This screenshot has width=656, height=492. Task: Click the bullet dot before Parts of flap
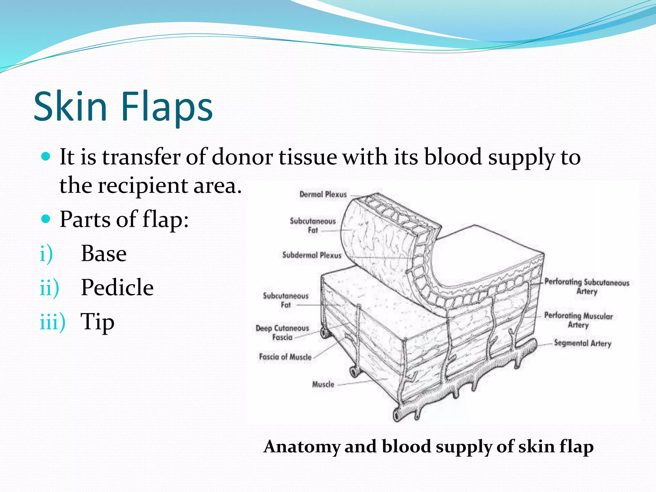(46, 219)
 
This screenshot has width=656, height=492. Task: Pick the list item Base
(104, 253)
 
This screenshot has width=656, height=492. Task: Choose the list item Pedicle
(117, 287)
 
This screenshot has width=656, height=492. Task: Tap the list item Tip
(97, 322)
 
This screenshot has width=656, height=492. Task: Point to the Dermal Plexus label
(323, 194)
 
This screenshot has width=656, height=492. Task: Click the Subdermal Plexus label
(312, 255)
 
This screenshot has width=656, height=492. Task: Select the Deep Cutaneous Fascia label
(282, 332)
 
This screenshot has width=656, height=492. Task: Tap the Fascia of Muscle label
(285, 357)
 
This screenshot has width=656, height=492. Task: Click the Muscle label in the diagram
(323, 384)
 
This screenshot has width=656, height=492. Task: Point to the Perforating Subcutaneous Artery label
(587, 286)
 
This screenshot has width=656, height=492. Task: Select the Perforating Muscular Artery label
(578, 320)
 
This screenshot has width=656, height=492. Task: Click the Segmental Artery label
(582, 343)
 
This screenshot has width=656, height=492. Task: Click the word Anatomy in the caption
(301, 447)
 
